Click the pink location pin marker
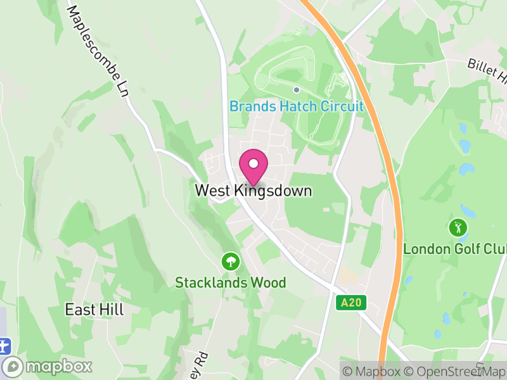(253, 166)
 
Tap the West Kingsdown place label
(253, 190)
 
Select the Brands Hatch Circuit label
(297, 106)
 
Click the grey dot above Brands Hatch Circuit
(296, 90)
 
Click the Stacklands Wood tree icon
(230, 260)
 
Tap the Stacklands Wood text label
(231, 282)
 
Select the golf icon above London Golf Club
(457, 227)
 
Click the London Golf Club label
(455, 249)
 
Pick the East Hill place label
(94, 310)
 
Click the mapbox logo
(48, 366)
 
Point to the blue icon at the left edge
(5, 346)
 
